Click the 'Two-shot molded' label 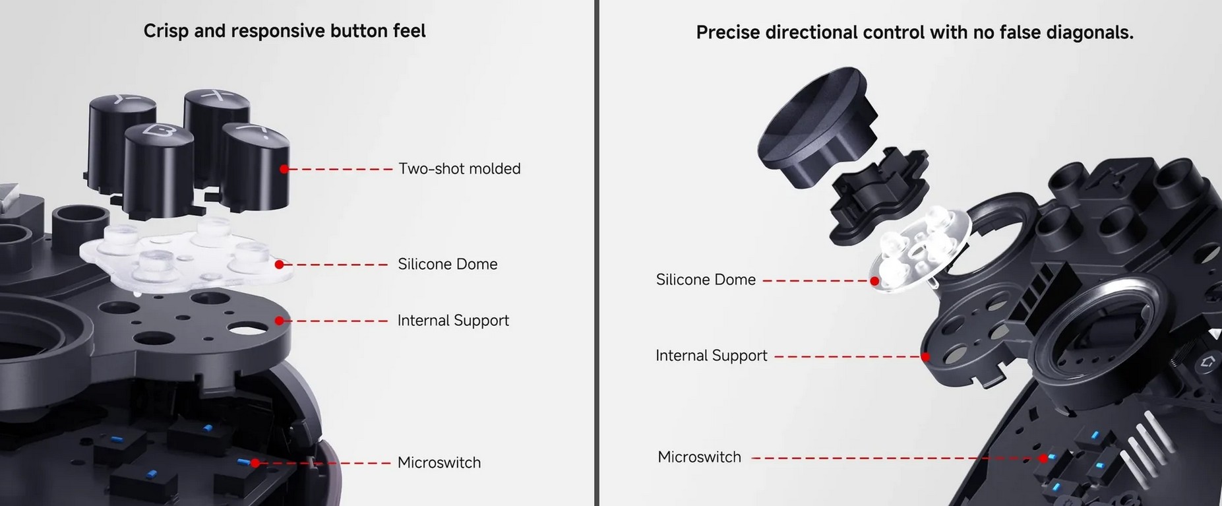(x=460, y=169)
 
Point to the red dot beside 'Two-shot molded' (x=284, y=169)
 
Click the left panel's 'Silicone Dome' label (x=448, y=264)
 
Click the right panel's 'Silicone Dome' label (x=706, y=280)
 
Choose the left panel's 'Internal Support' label (x=453, y=321)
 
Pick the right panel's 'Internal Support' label (x=712, y=356)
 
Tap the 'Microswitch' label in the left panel (x=439, y=462)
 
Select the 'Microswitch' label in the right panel (x=699, y=457)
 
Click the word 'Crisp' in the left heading (x=166, y=32)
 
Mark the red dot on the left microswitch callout (x=255, y=463)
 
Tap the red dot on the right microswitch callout (x=1043, y=458)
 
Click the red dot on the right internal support (x=925, y=357)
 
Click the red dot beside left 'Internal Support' (x=279, y=321)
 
